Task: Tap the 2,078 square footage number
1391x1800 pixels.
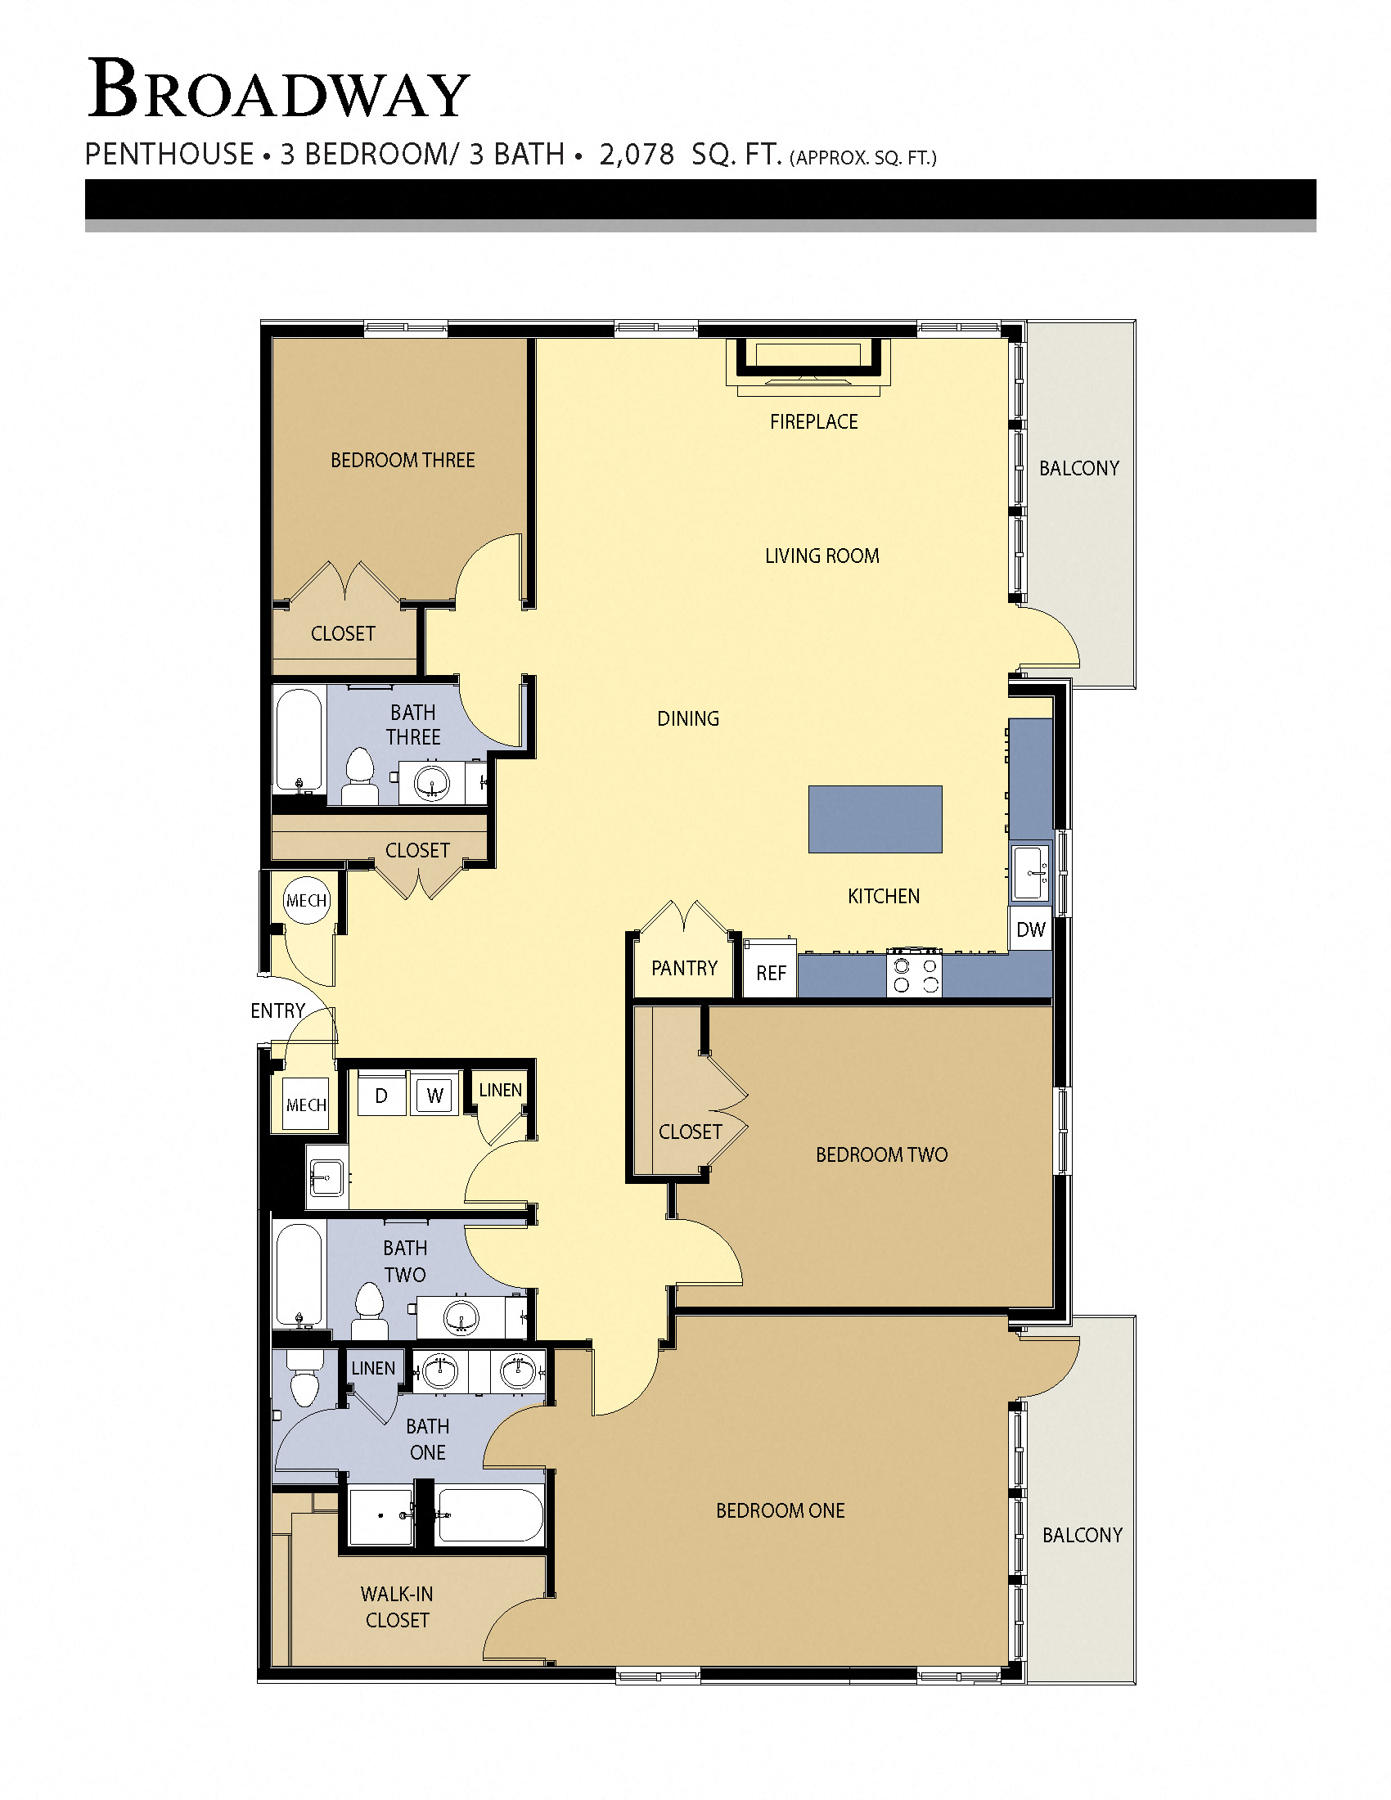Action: [636, 154]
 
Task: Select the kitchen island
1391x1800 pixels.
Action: [875, 818]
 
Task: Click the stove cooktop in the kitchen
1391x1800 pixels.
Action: [914, 974]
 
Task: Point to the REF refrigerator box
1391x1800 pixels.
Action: [771, 973]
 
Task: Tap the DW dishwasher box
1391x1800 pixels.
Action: [1030, 929]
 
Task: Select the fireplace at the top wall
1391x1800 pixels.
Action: [808, 361]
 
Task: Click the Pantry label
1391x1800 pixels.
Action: [684, 968]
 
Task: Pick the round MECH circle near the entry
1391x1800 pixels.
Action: [307, 900]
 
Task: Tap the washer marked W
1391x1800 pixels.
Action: [434, 1096]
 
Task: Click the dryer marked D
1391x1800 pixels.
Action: [380, 1096]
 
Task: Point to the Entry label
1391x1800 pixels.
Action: [277, 1010]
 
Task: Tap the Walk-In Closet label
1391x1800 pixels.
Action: [397, 1607]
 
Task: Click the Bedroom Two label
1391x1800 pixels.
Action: [881, 1154]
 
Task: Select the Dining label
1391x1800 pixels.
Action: [688, 718]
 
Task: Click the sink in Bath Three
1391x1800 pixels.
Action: [431, 781]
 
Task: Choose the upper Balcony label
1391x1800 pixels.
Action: [1078, 468]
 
